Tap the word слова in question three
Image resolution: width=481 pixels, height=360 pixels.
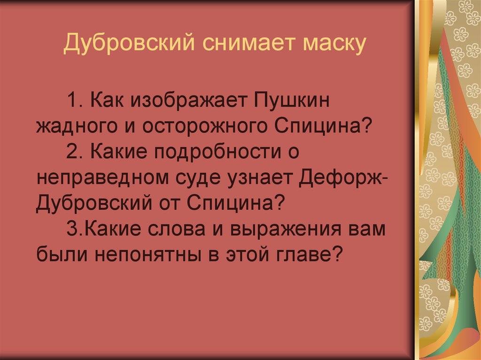[x=172, y=230]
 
